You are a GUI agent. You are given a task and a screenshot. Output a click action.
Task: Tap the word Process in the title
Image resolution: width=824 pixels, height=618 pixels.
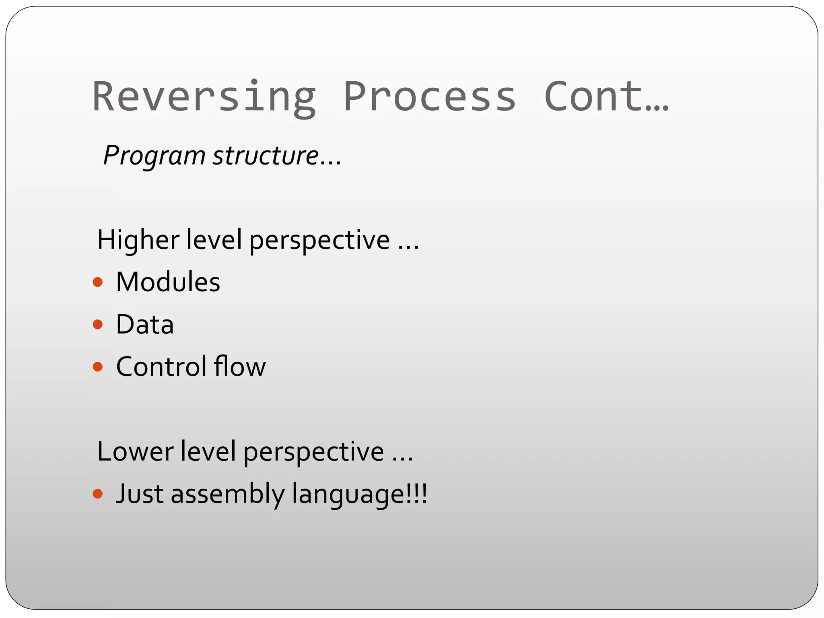pos(429,97)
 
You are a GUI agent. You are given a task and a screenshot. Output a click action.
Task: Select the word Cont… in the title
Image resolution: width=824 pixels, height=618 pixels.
pos(606,97)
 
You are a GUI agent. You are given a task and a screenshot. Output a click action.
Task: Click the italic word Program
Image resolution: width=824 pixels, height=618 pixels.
pos(154,156)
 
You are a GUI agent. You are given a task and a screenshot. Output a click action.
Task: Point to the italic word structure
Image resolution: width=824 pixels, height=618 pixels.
pos(266,156)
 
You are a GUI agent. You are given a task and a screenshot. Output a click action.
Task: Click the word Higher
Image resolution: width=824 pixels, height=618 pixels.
pos(138,240)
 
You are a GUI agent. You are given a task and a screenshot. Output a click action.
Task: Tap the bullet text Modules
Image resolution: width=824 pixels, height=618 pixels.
pos(168,282)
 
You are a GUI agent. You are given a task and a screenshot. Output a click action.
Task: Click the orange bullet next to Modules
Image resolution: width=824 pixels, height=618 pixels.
pos(97,282)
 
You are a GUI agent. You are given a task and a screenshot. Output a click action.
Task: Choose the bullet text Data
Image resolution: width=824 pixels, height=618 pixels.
pos(145,325)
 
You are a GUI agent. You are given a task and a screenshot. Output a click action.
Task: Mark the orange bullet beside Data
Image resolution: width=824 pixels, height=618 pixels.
pos(97,324)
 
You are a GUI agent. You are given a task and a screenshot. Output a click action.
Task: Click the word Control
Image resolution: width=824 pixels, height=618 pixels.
pos(159,367)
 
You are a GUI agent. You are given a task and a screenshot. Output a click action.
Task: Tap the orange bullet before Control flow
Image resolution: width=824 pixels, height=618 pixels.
pos(97,367)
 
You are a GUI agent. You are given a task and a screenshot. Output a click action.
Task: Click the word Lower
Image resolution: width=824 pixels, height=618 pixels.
pos(135,452)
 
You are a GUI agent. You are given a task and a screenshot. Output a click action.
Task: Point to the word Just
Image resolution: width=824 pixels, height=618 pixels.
pos(140,494)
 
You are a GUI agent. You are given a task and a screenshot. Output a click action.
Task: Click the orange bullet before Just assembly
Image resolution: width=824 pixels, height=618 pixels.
pos(97,494)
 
